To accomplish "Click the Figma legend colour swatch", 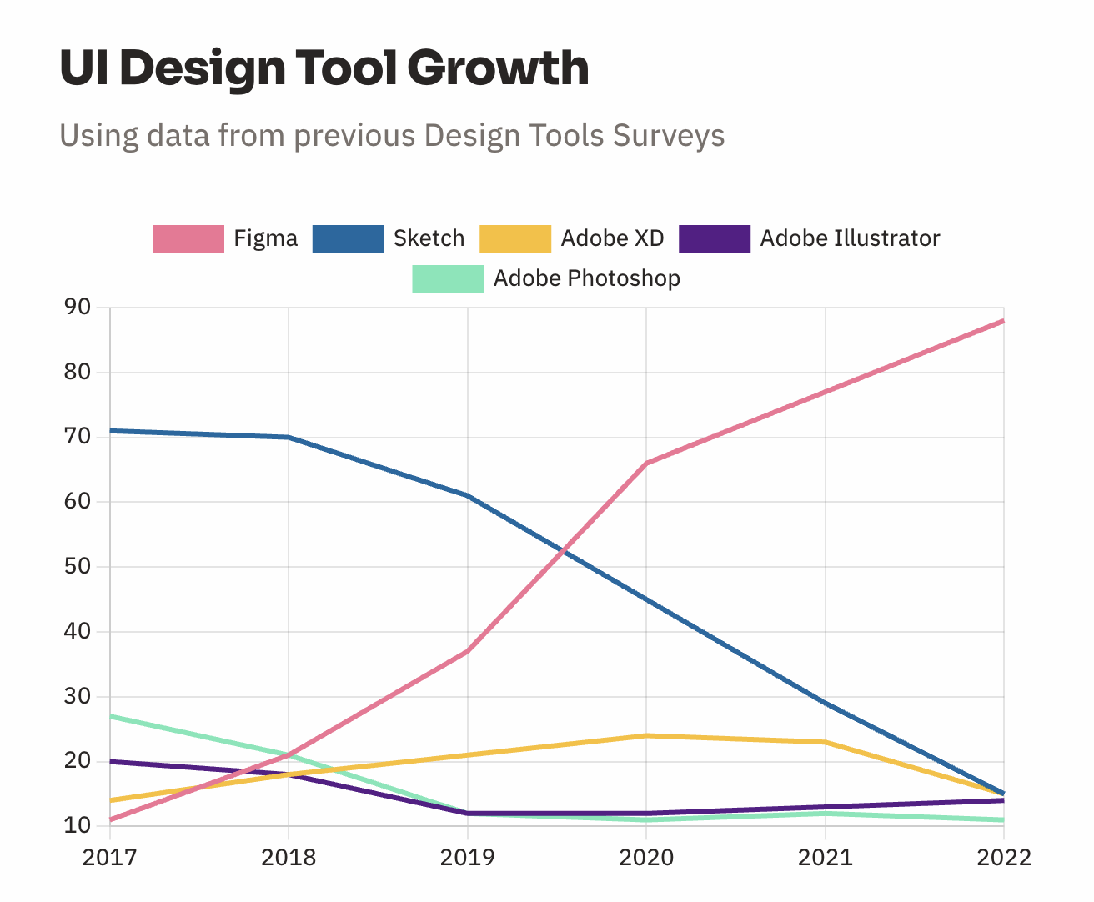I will (188, 239).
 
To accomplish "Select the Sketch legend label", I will (429, 239).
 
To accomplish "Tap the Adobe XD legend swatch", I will (515, 239).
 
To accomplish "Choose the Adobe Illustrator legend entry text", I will (850, 239).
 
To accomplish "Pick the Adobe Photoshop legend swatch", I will (448, 279).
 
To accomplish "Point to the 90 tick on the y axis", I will (77, 308).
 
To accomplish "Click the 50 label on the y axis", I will (77, 567).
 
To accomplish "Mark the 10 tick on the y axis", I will (77, 826).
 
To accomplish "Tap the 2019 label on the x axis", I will (467, 858).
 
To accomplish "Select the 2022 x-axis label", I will (1003, 858).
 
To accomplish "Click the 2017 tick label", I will (110, 858).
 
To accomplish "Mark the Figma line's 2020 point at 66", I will (646, 464).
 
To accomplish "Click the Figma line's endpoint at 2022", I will (1003, 321).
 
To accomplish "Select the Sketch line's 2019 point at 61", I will (467, 496).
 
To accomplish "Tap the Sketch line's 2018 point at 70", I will (289, 438).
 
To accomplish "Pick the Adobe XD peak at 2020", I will (646, 735).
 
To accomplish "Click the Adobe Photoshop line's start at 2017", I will (111, 716).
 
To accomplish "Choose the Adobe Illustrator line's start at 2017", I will (111, 761).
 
